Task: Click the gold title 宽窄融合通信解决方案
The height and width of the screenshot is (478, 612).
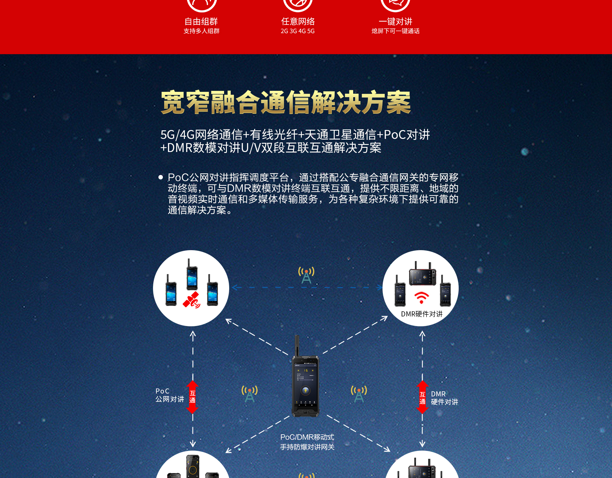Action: (x=286, y=102)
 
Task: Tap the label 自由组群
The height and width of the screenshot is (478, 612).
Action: (x=201, y=21)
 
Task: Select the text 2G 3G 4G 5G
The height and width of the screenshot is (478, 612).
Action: (x=297, y=31)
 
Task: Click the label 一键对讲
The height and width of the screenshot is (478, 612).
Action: (x=395, y=21)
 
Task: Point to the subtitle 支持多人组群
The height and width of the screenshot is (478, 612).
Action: (x=201, y=31)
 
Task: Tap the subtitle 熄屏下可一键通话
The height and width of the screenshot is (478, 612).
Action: (x=395, y=31)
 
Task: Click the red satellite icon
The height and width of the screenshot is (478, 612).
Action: (x=191, y=300)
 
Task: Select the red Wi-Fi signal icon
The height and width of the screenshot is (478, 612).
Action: (x=421, y=297)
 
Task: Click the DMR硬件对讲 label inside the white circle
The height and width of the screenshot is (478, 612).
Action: (x=422, y=314)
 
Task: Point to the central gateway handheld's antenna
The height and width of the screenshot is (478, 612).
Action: (x=297, y=345)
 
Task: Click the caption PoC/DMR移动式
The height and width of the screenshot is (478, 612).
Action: (x=307, y=437)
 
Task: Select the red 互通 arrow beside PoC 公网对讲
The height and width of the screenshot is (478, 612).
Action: (x=192, y=397)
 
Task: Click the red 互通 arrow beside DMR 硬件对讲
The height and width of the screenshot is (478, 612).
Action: (x=422, y=397)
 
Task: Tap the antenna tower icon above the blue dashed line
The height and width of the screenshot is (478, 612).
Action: (x=306, y=275)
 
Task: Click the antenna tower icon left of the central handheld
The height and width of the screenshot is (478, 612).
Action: (x=250, y=394)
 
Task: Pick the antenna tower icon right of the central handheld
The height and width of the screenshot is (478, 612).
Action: (x=359, y=394)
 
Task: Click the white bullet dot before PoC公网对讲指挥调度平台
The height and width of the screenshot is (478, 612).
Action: (x=161, y=177)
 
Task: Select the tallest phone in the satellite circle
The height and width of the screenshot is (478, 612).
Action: (x=192, y=274)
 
